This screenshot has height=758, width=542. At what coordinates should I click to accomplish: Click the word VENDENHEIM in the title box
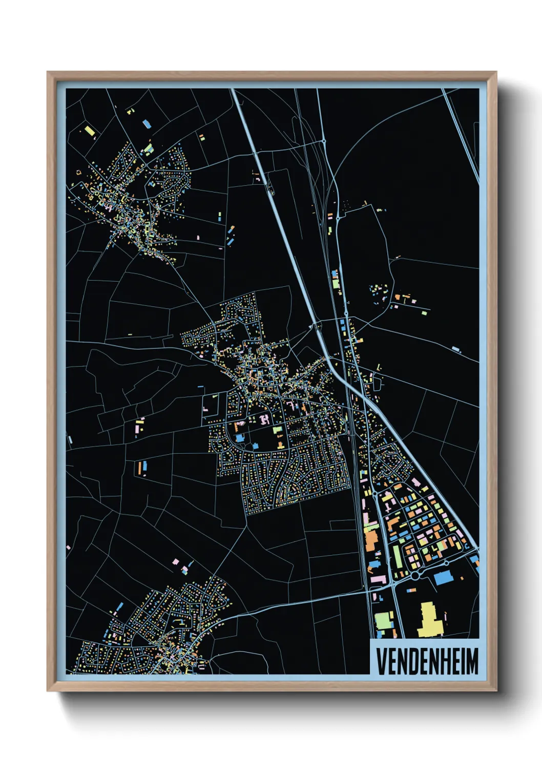tap(427, 661)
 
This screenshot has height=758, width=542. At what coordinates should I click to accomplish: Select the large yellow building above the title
tap(429, 620)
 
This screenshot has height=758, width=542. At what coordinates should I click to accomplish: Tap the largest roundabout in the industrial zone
tap(415, 576)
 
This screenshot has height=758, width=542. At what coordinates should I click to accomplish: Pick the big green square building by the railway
tap(384, 620)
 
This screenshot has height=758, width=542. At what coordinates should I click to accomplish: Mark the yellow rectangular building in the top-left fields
tap(90, 131)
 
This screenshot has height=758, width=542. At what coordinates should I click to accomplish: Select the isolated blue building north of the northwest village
tap(147, 123)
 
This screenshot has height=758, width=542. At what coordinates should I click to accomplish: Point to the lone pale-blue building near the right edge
tap(455, 350)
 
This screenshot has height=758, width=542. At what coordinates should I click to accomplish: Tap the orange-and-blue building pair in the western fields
tap(141, 467)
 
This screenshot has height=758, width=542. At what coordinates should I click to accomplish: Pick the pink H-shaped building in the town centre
tap(264, 419)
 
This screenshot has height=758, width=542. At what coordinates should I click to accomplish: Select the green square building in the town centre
tap(277, 430)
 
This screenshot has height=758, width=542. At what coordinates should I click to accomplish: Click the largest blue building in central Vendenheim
tap(240, 438)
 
